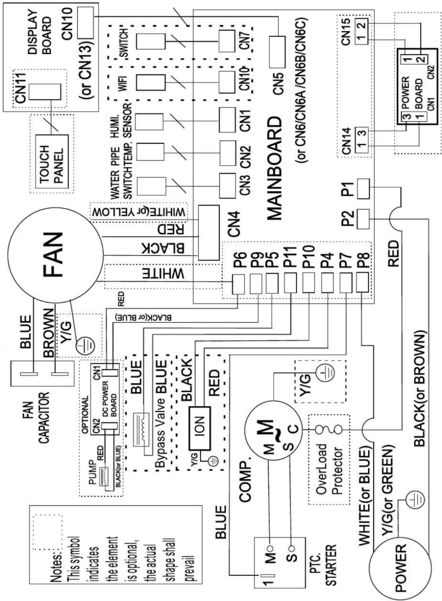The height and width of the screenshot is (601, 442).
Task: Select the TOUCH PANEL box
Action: coord(53,162)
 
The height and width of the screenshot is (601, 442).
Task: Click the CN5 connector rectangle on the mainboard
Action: coord(277,52)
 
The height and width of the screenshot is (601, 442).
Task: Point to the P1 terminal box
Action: coord(363,189)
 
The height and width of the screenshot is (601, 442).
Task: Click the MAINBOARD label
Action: coord(275,168)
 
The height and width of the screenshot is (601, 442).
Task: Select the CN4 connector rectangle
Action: coord(209,233)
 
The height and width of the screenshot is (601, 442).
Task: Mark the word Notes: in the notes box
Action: coord(57,555)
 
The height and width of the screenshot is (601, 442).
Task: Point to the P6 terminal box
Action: coord(238,284)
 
